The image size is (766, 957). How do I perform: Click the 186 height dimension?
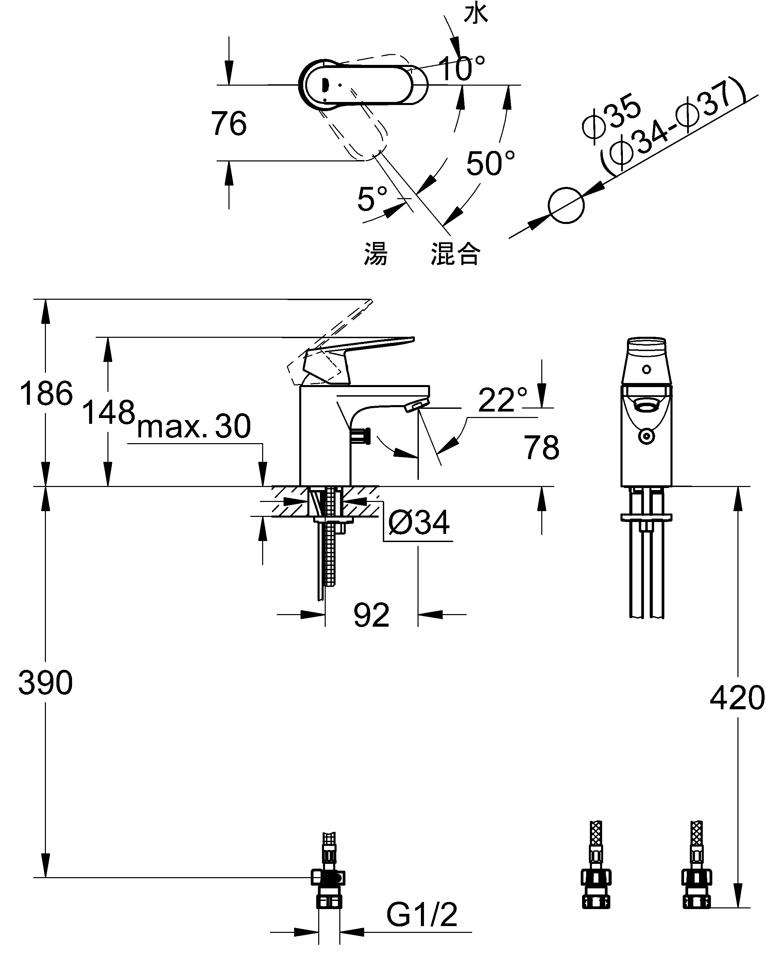pos(46,393)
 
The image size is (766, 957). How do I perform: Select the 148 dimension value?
pos(108,412)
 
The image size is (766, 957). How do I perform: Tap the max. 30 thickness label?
pos(194,426)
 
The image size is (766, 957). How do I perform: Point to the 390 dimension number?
pos(45,683)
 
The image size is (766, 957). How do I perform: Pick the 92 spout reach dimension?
pos(371,615)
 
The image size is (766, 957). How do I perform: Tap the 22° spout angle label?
pos(502,400)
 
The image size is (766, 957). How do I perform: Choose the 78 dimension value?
pos(541,448)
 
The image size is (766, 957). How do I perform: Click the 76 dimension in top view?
pos(229,123)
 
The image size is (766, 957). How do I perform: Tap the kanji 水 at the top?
pos(476,13)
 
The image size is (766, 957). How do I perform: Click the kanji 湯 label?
pos(376,254)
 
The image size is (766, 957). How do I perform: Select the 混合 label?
pos(455,254)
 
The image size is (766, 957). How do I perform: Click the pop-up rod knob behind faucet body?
pos(361,436)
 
